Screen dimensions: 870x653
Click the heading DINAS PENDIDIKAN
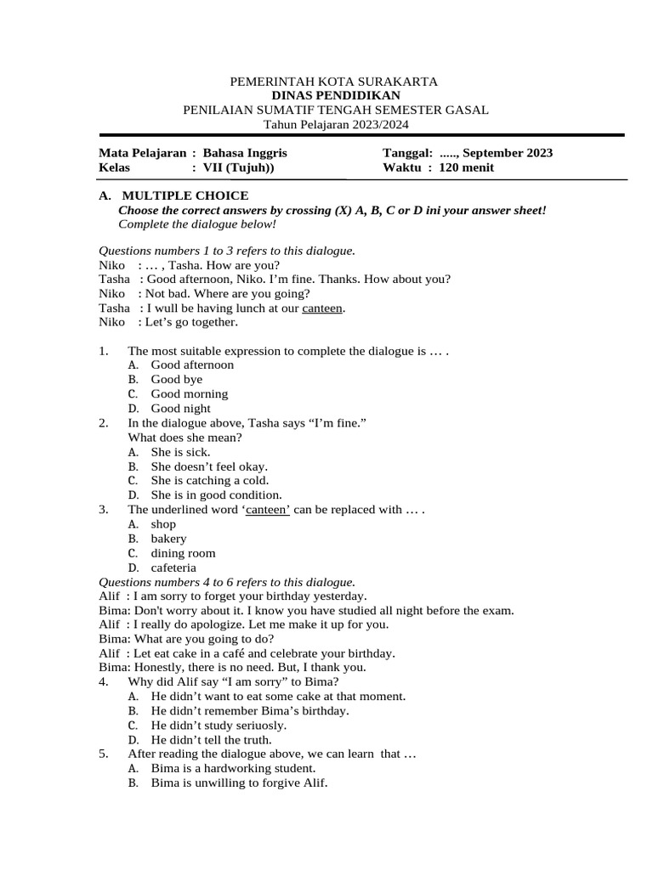pos(336,96)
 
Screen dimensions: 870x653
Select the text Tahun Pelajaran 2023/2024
pos(336,124)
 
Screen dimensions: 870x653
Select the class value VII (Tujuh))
pos(238,167)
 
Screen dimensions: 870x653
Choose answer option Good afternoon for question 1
pos(192,364)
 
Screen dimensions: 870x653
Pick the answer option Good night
pos(180,408)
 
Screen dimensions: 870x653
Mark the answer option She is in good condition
pos(216,494)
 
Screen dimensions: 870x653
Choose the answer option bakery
pos(168,539)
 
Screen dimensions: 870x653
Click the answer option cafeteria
pos(173,568)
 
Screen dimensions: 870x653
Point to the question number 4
pos(103,682)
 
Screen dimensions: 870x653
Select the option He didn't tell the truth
pos(211,740)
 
